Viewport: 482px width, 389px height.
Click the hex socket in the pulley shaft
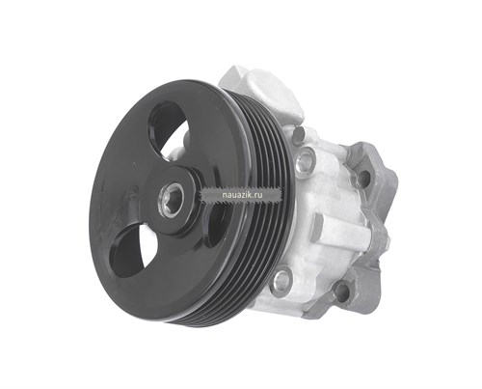coord(172,200)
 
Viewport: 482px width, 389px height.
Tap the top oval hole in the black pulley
coord(168,128)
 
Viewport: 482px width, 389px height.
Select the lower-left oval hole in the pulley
coord(131,251)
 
